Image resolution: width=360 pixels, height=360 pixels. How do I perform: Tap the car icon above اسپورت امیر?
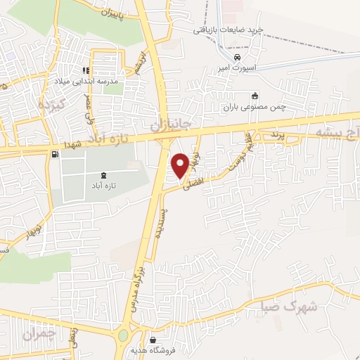point(238,57)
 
